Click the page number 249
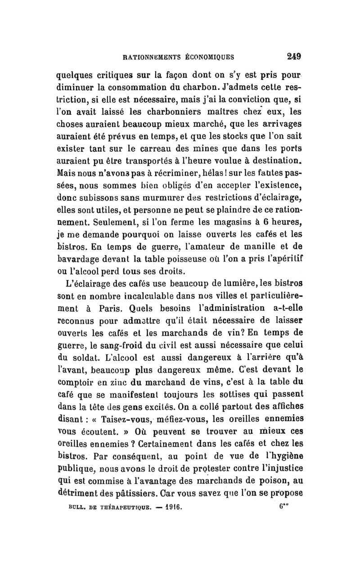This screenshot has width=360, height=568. tap(292, 57)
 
